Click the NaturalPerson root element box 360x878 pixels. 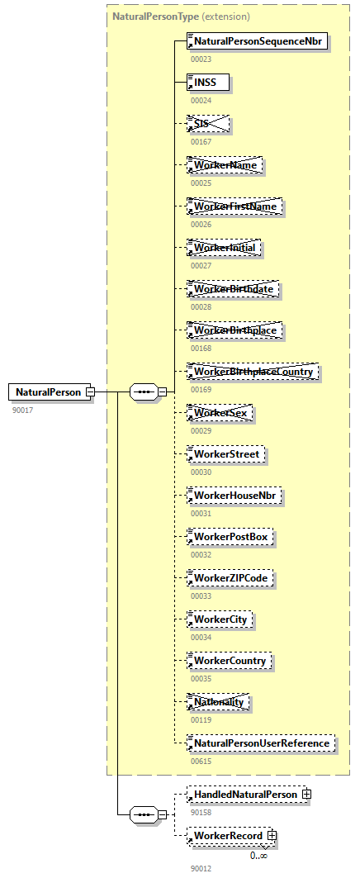coord(48,392)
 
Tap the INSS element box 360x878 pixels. coord(208,82)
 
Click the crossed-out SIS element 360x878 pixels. coord(208,124)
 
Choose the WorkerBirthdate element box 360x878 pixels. coord(234,289)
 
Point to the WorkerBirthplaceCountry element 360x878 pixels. coord(253,372)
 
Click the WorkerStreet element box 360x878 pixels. coord(226,454)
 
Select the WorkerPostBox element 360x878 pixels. coord(230,537)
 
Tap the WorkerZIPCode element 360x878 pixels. coord(230,578)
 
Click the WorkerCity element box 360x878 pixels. coord(220,619)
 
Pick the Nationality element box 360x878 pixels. coord(219,702)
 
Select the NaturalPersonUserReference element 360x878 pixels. coord(261,743)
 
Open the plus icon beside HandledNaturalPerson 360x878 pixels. coord(306,795)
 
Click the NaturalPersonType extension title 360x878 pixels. coord(181,17)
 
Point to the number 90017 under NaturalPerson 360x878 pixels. coord(23,410)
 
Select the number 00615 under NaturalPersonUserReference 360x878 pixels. coord(201,761)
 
